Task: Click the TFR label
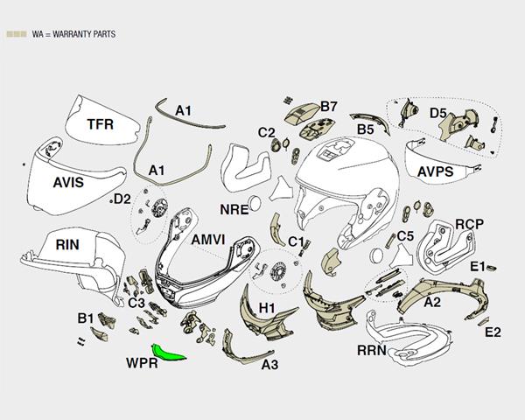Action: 100,125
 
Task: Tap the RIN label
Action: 67,244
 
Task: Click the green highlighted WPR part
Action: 168,352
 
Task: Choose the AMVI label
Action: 211,239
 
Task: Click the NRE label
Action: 234,210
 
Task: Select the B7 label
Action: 329,106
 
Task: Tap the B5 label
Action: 365,129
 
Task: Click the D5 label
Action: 438,113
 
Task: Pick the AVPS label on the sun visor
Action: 435,171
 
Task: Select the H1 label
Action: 268,307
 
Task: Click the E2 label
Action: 493,332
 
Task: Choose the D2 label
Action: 122,199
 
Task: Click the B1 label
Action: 86,317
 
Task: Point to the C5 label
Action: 404,235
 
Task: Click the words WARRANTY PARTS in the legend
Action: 86,34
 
